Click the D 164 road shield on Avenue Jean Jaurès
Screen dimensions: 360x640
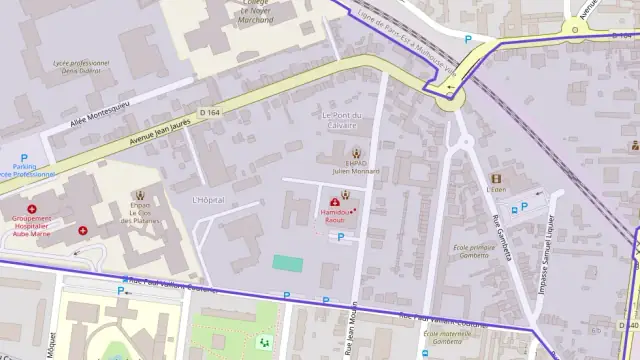click(208, 112)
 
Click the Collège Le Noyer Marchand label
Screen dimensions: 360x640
click(244, 12)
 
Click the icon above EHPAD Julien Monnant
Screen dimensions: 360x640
click(356, 153)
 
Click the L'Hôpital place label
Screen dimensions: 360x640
click(208, 200)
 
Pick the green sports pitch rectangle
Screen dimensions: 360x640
click(288, 263)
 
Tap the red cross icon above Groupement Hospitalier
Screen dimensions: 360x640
click(32, 209)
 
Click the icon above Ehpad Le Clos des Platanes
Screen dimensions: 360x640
click(139, 195)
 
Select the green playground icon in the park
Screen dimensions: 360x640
click(264, 342)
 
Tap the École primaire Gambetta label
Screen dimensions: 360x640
click(471, 251)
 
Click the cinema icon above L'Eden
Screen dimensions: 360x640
click(495, 178)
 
